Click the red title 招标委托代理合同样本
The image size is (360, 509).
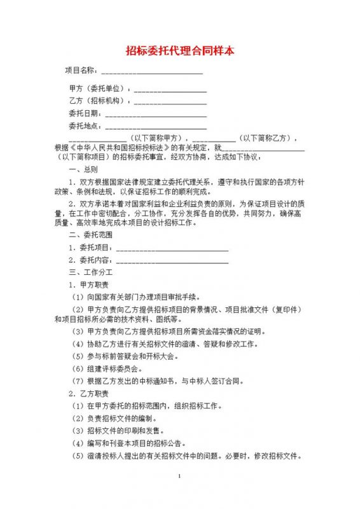click(x=180, y=49)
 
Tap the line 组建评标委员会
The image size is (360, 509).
click(x=111, y=368)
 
